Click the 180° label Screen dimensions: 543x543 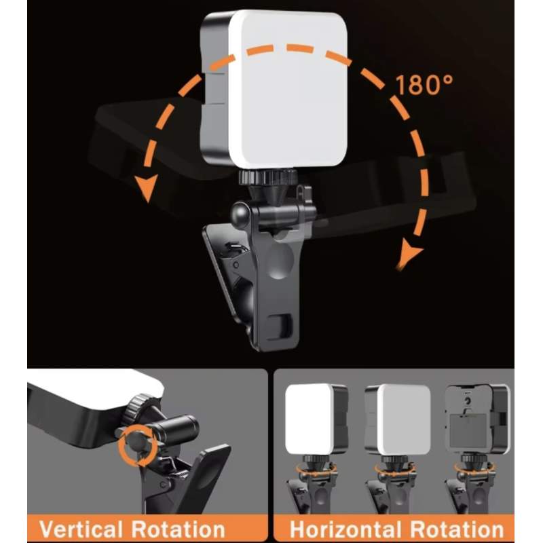tap(424, 84)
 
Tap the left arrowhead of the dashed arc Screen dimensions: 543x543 tap(147, 188)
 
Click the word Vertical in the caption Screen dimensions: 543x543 tap(81, 529)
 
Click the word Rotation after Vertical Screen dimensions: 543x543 tap(178, 529)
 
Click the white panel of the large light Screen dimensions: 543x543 tap(288, 89)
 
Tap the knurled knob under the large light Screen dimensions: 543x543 tap(267, 177)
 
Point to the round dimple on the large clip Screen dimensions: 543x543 tap(279, 261)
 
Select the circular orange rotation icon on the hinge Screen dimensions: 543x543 tap(138, 447)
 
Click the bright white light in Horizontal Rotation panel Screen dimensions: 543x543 tap(310, 419)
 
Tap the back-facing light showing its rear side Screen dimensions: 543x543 tap(478, 419)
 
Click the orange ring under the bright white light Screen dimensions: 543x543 tap(316, 468)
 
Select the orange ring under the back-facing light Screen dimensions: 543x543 tap(474, 468)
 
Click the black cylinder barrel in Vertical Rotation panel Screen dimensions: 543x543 tap(176, 430)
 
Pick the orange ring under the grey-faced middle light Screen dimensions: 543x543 tap(395, 468)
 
